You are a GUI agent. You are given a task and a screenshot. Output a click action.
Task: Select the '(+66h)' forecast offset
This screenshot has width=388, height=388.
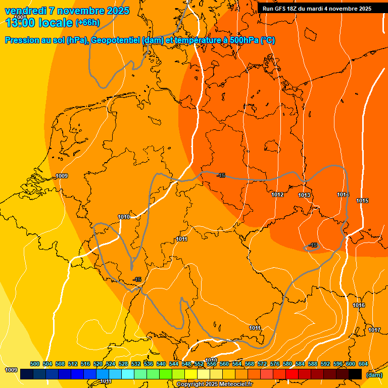87,23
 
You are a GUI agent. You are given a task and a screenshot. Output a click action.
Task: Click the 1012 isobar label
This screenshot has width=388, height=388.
277,195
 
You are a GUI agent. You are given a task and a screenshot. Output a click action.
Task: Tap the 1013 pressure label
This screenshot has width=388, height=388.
304,195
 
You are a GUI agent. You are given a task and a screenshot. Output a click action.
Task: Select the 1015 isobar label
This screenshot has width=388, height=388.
362,201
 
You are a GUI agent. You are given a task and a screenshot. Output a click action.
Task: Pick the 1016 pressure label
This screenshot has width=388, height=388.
359,305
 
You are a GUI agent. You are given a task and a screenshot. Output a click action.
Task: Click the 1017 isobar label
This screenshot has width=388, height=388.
374,330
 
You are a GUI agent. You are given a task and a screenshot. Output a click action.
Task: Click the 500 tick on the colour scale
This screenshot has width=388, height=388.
35,364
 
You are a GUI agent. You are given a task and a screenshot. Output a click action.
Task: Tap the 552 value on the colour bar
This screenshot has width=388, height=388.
199,364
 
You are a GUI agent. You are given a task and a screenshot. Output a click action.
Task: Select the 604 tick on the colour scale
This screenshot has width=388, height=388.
363,364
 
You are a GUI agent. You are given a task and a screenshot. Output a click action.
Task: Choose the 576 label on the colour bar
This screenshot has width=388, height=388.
275,364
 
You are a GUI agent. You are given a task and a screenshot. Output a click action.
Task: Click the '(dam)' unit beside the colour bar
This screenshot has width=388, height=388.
374,374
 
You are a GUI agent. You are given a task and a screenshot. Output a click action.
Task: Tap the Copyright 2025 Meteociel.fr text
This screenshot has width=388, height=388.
214,384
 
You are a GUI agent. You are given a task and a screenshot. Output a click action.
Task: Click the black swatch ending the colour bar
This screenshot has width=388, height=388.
355,374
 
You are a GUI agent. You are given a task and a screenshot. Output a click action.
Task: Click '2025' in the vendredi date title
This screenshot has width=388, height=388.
117,11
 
